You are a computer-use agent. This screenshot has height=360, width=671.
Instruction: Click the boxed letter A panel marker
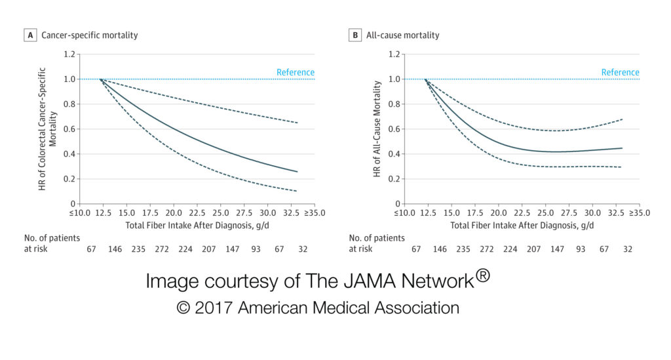[29, 35]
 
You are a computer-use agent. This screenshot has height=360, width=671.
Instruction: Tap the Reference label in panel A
[296, 72]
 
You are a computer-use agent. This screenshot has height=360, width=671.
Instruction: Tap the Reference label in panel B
[621, 72]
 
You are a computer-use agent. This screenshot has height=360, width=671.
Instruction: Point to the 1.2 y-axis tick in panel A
[69, 54]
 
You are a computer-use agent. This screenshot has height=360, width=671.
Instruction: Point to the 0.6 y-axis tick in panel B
[394, 129]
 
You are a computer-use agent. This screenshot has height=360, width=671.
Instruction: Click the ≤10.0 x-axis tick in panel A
[80, 213]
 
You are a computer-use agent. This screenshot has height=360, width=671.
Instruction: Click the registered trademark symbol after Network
[482, 276]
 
